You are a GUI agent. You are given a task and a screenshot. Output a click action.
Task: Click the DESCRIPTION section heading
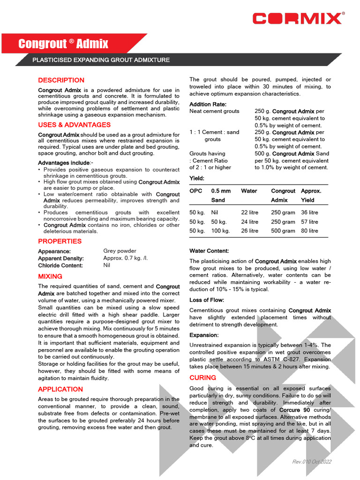coord(61,80)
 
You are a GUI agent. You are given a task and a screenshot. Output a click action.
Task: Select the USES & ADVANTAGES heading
coord(74,125)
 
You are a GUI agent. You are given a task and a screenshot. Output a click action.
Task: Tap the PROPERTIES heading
coord(60,241)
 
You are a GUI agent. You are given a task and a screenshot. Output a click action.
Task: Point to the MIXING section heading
coord(50,277)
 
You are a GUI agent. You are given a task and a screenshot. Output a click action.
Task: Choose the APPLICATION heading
coord(60,389)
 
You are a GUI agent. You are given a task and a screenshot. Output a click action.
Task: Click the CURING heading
coord(202,377)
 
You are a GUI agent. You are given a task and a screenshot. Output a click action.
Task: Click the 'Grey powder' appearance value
coord(120,251)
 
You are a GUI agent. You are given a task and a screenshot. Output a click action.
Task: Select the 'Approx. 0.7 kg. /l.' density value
coord(125,258)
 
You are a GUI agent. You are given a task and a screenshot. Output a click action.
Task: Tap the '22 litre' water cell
coord(249,212)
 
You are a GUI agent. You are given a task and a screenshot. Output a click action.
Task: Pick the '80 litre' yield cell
coord(309,231)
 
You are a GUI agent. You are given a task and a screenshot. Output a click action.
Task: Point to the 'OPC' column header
coord(195,191)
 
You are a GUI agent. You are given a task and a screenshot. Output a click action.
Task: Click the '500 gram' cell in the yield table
coord(283,231)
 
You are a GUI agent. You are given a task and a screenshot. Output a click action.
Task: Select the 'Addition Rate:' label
coord(208,104)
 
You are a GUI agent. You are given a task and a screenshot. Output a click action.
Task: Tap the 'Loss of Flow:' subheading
coord(206,300)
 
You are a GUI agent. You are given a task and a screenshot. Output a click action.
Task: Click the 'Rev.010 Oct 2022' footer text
coord(312,462)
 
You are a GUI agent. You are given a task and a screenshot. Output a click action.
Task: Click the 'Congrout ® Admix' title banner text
coord(63,44)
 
